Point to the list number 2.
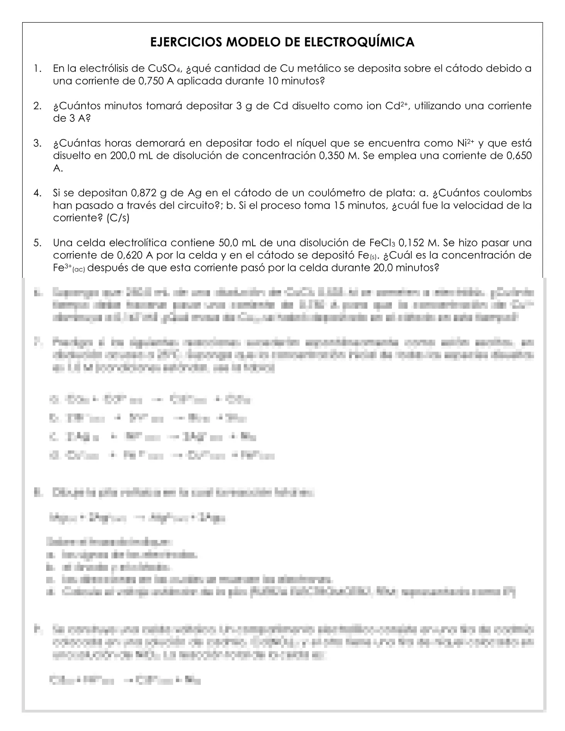[x=37, y=106]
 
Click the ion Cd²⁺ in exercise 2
[x=396, y=106]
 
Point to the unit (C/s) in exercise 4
[x=118, y=218]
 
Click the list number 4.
[x=37, y=193]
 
